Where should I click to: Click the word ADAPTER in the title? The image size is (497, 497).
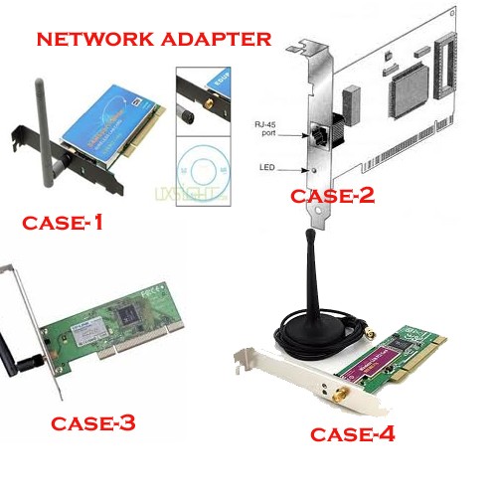220,40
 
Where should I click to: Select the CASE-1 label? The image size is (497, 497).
63,223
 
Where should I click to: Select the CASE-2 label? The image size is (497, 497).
332,196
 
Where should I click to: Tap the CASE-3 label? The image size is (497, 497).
91,423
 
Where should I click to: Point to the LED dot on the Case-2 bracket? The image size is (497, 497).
313,170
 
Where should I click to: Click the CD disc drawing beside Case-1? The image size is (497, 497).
202,169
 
